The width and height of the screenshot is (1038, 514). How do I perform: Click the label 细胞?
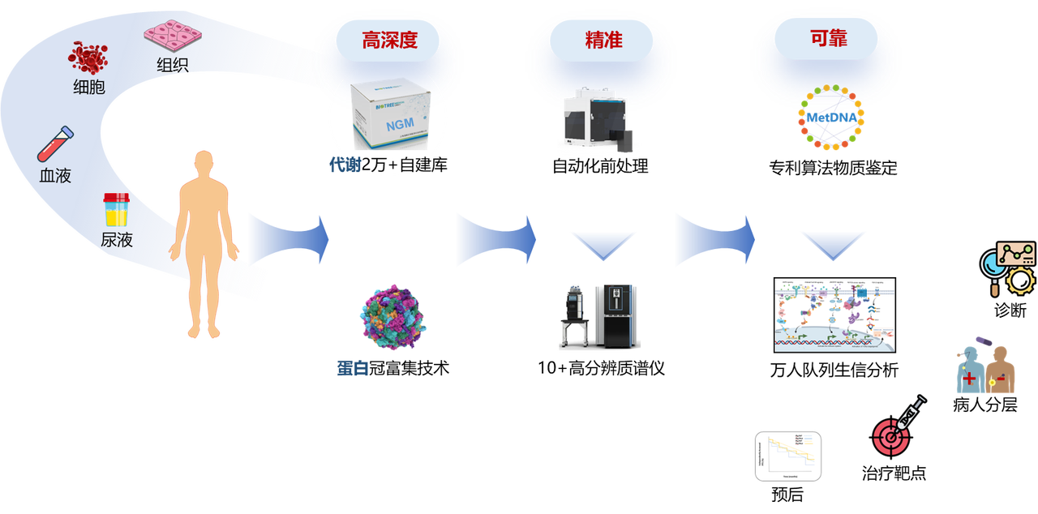pyautogui.click(x=89, y=88)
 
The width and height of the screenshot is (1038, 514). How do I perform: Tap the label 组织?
pyautogui.click(x=173, y=66)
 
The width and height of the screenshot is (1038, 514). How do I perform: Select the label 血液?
pyautogui.click(x=55, y=175)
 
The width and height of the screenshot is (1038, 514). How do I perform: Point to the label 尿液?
pyautogui.click(x=117, y=240)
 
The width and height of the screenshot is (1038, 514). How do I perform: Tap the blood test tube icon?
pyautogui.click(x=56, y=143)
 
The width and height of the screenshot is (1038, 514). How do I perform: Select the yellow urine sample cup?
pyautogui.click(x=116, y=210)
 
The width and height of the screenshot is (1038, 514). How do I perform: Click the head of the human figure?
pyautogui.click(x=204, y=162)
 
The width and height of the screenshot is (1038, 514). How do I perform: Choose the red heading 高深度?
pyautogui.click(x=389, y=40)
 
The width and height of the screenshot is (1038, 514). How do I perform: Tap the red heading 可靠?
pyautogui.click(x=828, y=38)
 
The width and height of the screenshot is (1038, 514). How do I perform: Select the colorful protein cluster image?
pyautogui.click(x=392, y=317)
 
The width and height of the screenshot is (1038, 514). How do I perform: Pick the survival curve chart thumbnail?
pyautogui.click(x=787, y=456)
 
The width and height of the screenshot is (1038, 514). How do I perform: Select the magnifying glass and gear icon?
pyautogui.click(x=1008, y=268)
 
